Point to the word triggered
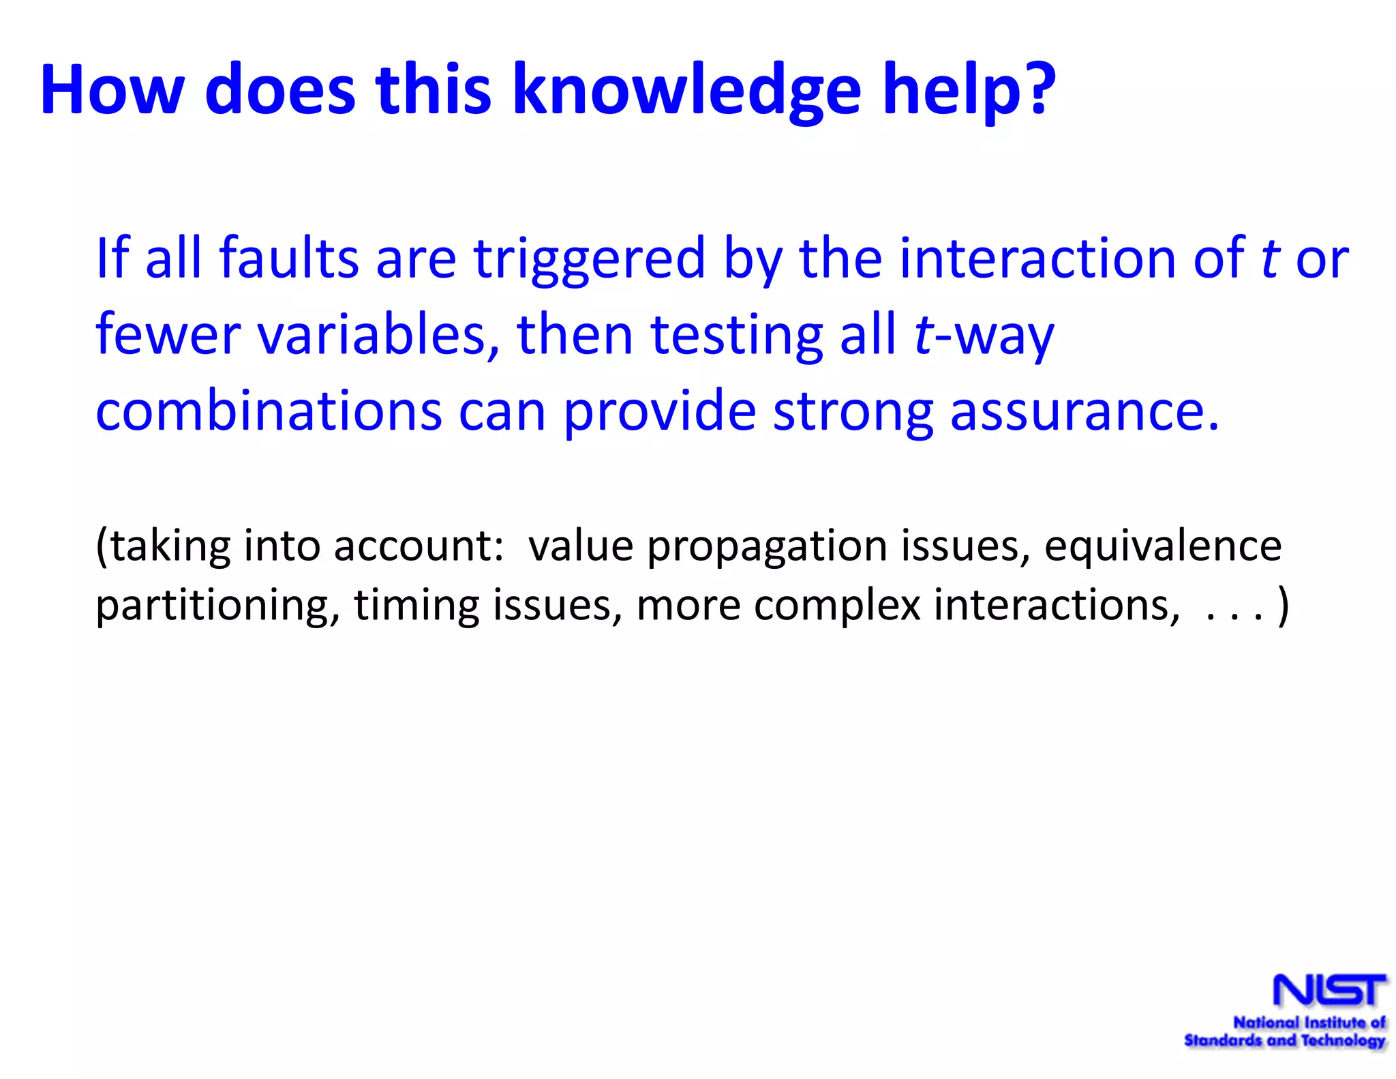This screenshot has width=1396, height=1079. [x=589, y=259]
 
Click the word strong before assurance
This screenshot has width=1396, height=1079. [x=852, y=412]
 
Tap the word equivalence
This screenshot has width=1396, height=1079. [x=1162, y=546]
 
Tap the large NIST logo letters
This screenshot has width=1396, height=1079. [x=1329, y=990]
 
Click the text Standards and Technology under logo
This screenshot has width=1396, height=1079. [x=1284, y=1041]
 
